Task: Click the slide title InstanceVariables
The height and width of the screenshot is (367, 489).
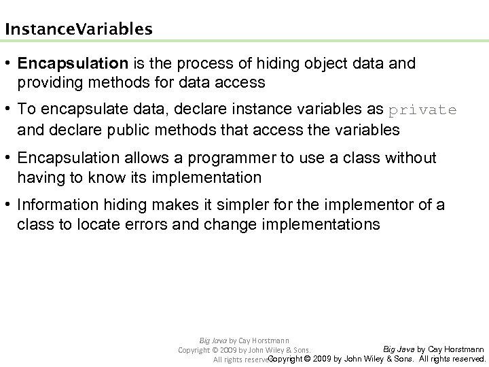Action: tap(78, 30)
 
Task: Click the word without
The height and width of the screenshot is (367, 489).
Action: tap(412, 158)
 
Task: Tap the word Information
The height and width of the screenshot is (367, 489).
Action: tap(58, 205)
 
